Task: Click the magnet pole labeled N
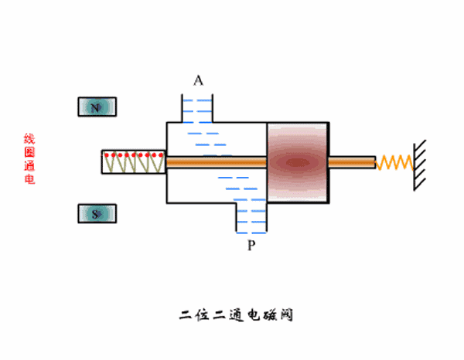(97, 107)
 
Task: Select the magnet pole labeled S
(97, 214)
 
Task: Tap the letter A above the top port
(199, 81)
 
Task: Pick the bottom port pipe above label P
(251, 216)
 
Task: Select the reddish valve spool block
(298, 162)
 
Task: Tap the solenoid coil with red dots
(133, 162)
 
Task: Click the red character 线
(29, 139)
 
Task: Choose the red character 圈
(29, 152)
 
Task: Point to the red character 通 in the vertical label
(29, 166)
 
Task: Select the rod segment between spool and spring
(352, 162)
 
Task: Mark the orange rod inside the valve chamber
(217, 162)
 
